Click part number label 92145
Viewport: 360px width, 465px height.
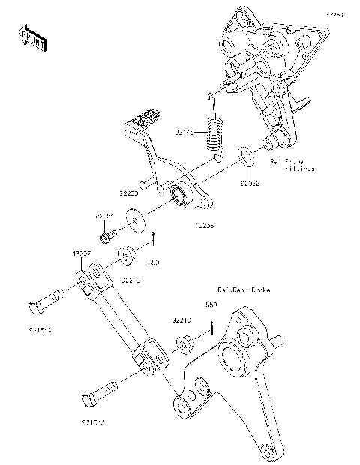184,132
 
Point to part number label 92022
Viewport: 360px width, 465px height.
250,182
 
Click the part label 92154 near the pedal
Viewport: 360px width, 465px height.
104,216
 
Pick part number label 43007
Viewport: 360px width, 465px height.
82,255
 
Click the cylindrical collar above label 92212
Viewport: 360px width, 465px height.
127,255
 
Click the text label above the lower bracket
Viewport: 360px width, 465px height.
243,289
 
